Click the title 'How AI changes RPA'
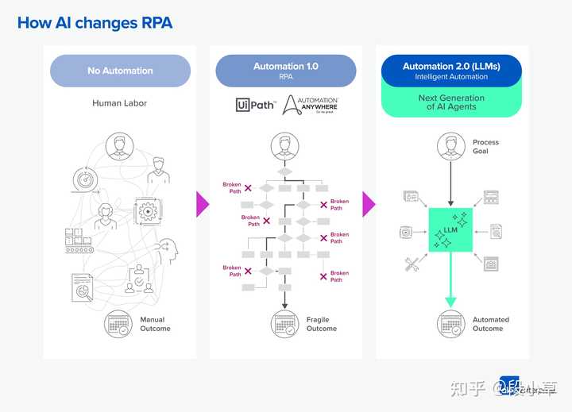[95, 22]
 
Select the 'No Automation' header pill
[120, 71]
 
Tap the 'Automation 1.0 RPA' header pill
[285, 71]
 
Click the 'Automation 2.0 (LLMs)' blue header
[450, 71]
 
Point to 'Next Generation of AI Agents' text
[450, 102]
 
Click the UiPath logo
[254, 105]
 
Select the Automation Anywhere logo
[311, 104]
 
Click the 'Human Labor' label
[120, 103]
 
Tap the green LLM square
[450, 230]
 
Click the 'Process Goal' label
[485, 146]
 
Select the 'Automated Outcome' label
[490, 324]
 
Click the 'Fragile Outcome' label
[321, 324]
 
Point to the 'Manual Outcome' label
[155, 324]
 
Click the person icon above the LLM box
[450, 146]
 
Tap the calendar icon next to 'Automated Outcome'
[450, 323]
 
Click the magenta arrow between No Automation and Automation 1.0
[203, 204]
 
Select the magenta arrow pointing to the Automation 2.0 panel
[369, 204]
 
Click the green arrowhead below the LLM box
[450, 299]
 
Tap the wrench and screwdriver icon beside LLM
[412, 265]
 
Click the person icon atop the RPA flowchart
[284, 146]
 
